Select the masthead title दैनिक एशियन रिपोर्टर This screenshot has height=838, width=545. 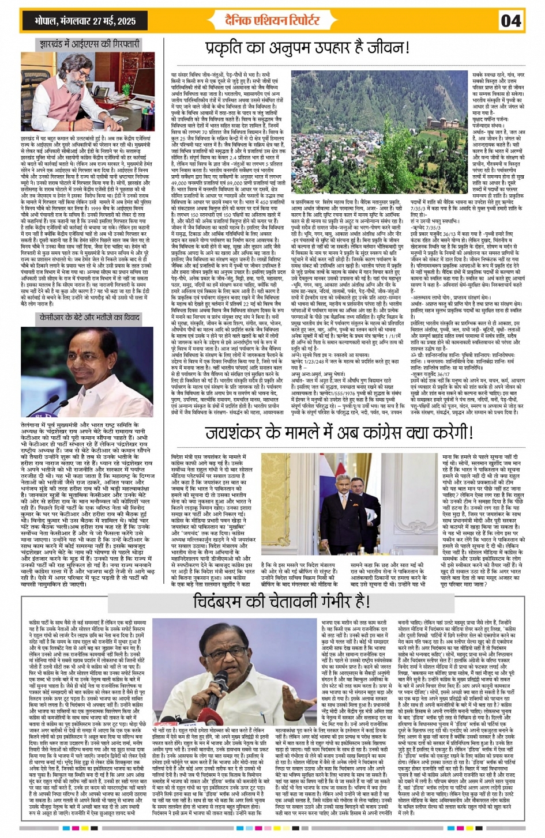[272, 21]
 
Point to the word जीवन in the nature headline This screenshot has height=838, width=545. [364, 48]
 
